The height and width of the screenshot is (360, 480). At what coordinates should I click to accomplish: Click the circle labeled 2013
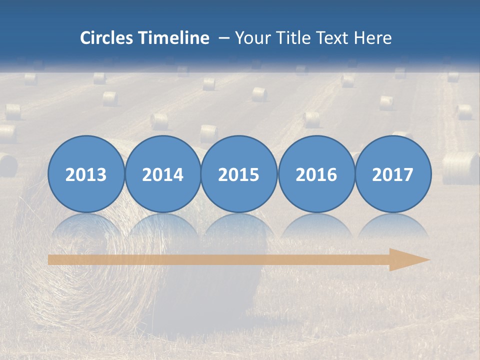pyautogui.click(x=86, y=174)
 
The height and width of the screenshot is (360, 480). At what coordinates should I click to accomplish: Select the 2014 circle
pyautogui.click(x=163, y=174)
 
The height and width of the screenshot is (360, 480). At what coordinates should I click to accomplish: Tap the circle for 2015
pyautogui.click(x=239, y=174)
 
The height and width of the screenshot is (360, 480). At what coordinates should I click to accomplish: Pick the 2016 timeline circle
pyautogui.click(x=316, y=174)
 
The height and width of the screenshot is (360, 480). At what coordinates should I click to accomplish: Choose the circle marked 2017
pyautogui.click(x=393, y=174)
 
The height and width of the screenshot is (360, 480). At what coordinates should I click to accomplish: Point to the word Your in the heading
pyautogui.click(x=253, y=38)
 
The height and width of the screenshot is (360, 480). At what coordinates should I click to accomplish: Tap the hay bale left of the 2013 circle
pyautogui.click(x=8, y=165)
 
